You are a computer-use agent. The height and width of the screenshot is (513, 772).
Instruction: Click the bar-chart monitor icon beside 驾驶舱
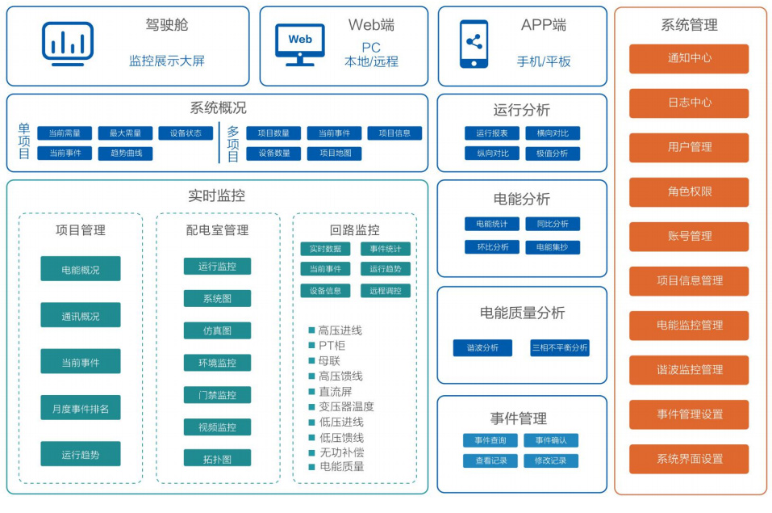click(x=68, y=44)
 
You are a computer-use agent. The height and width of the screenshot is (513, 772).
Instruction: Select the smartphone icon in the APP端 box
click(x=474, y=44)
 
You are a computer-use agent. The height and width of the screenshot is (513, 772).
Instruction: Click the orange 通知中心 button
click(x=689, y=59)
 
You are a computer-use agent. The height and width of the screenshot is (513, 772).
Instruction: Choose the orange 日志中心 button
click(x=689, y=103)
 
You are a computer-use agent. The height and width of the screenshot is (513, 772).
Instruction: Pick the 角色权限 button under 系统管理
click(x=689, y=192)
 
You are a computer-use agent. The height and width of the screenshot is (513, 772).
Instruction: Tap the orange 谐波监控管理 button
click(x=689, y=370)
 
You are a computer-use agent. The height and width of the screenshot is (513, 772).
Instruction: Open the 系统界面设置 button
click(x=689, y=459)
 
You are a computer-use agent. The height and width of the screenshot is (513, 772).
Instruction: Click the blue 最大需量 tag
click(x=125, y=133)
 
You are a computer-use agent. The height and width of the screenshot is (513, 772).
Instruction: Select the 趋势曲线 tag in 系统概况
click(x=125, y=153)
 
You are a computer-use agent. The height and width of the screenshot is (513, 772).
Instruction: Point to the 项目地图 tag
click(x=334, y=153)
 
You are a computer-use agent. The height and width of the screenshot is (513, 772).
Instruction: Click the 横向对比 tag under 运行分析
click(x=553, y=133)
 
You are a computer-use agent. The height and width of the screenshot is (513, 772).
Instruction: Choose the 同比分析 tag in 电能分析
click(x=553, y=224)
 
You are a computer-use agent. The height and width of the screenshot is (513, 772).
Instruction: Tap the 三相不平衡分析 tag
click(x=559, y=348)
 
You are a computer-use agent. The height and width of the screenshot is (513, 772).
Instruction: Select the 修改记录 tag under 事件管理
click(x=551, y=460)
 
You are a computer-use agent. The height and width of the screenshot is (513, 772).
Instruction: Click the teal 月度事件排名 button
click(x=81, y=409)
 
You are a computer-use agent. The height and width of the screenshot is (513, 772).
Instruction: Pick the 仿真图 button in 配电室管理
click(x=217, y=330)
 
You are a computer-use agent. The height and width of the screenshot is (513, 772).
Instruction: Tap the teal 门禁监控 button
click(x=217, y=395)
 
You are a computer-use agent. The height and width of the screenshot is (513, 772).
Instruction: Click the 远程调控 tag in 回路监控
click(x=385, y=291)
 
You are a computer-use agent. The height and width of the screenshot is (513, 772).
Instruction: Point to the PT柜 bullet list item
click(x=332, y=346)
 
